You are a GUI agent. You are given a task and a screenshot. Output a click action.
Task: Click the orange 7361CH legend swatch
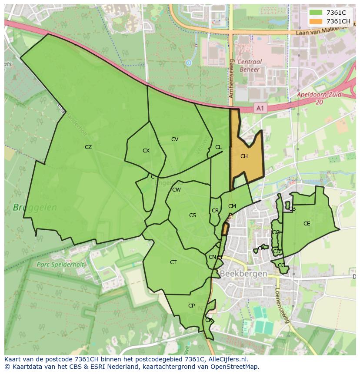[316, 21]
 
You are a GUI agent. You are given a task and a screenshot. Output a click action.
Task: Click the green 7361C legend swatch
[316, 13]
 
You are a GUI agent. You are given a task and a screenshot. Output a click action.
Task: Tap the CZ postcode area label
[88, 147]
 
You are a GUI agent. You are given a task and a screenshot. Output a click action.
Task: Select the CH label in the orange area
[244, 156]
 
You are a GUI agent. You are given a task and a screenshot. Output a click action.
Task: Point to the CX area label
[146, 151]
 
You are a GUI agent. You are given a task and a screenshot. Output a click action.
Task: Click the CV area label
[175, 139]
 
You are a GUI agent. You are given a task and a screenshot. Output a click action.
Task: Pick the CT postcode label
[173, 262]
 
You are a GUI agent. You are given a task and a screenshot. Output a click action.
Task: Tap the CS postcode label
[193, 215]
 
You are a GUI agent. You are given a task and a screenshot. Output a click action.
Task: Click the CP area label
[191, 306]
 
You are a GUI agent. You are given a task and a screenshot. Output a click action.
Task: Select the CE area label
[307, 224]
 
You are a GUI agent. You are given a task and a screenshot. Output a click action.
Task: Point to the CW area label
[177, 190]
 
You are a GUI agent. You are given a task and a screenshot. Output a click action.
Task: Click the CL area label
[218, 147]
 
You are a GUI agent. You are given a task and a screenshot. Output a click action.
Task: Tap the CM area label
[232, 206]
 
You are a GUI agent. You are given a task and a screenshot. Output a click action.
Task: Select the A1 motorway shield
[260, 108]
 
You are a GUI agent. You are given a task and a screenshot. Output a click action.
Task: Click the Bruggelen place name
[35, 208]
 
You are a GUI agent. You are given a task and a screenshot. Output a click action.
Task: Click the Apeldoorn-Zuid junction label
[319, 98]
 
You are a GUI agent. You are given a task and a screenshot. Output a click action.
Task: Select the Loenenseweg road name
[282, 306]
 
